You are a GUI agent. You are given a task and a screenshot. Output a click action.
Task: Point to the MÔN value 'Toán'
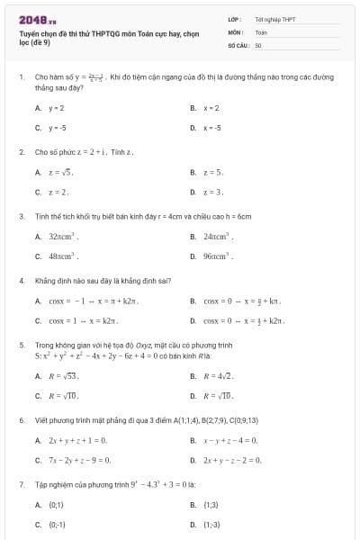(x=261, y=31)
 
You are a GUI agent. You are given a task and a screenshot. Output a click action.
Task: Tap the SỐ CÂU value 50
(x=258, y=43)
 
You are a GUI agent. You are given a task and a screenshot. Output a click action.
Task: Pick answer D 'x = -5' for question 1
(x=212, y=128)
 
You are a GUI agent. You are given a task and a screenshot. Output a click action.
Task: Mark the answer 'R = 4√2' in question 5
(x=219, y=375)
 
